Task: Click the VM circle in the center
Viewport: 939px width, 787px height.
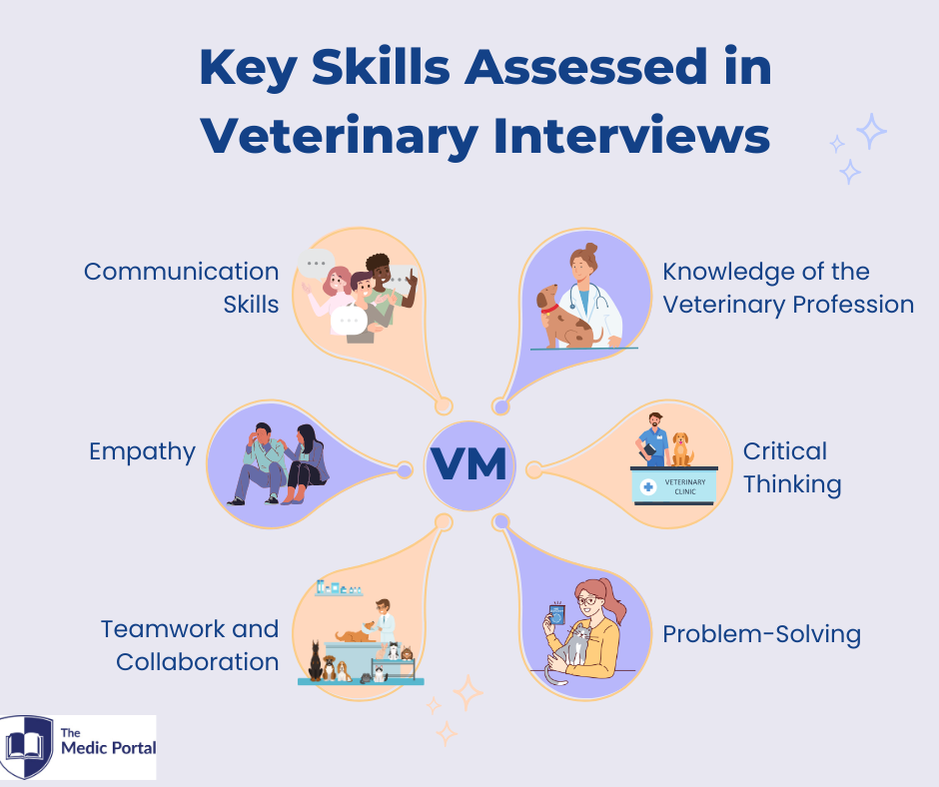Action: [x=469, y=465]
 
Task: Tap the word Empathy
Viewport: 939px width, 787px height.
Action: [x=143, y=452]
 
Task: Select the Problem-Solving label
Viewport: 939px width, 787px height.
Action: [x=762, y=634]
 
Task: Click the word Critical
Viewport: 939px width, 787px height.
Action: [x=785, y=451]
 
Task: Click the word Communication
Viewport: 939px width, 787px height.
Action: [x=182, y=272]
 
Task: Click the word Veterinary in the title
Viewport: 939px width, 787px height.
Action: [x=339, y=137]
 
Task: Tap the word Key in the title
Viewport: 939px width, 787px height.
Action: [x=249, y=68]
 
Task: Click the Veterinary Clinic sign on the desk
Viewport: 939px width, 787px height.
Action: [x=673, y=486]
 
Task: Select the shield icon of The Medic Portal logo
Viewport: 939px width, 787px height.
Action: [x=26, y=747]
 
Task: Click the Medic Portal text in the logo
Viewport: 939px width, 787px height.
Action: [x=109, y=747]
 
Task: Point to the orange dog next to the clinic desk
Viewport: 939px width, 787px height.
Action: [x=681, y=449]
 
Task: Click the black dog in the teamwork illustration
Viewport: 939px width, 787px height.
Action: [x=315, y=660]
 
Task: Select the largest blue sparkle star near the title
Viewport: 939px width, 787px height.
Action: [x=871, y=131]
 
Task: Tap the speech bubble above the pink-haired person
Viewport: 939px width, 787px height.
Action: [x=317, y=264]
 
